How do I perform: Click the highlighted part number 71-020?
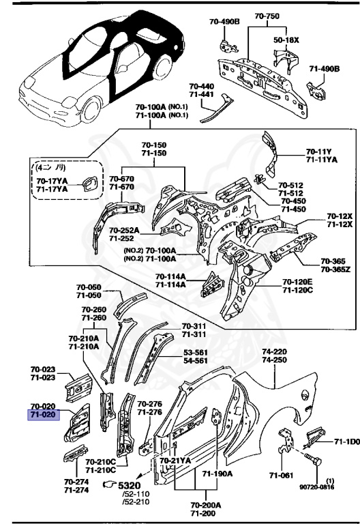pos(43,413)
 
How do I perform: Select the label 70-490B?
pos(224,21)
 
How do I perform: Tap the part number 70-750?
pos(267,15)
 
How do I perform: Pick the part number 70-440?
pos(201,87)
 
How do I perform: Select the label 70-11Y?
pos(319,151)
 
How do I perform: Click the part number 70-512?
pos(291,184)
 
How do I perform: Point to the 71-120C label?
pos(297,290)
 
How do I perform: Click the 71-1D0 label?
pos(346,442)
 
